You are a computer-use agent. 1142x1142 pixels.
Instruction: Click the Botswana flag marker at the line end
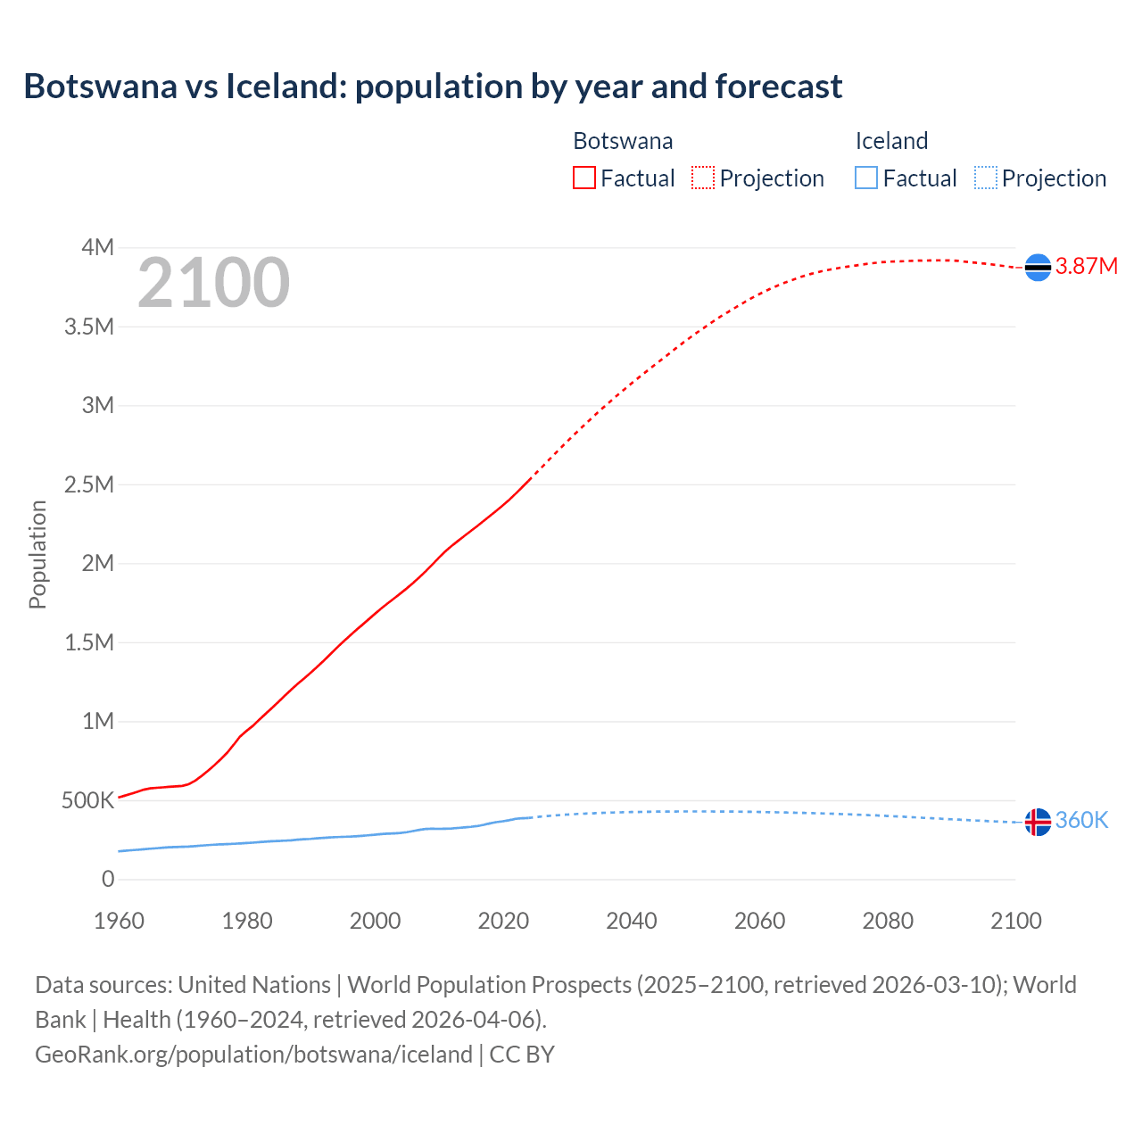click(x=1038, y=267)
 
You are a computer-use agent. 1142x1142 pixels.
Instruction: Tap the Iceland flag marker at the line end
click(x=1038, y=822)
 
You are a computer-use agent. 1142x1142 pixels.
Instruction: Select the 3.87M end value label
click(x=1086, y=267)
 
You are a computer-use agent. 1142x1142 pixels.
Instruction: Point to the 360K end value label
click(x=1081, y=821)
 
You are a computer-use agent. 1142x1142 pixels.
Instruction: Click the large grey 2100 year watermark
click(x=213, y=283)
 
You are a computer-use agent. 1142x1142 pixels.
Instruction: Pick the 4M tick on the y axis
click(x=97, y=247)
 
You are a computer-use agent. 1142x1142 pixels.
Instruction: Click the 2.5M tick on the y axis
click(x=89, y=484)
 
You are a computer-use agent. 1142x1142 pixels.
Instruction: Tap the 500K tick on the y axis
click(x=87, y=800)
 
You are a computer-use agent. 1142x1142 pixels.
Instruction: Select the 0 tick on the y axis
click(x=108, y=880)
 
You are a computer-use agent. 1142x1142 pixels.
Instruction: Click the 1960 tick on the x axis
click(x=119, y=921)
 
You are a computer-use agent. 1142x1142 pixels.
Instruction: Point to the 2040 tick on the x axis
click(x=632, y=921)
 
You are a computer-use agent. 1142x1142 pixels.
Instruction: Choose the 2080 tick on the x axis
click(x=888, y=921)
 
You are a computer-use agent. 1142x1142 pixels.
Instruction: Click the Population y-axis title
click(x=37, y=554)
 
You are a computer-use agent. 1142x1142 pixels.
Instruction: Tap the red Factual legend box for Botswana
click(x=584, y=178)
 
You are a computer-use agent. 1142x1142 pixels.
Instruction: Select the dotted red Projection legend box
click(x=703, y=178)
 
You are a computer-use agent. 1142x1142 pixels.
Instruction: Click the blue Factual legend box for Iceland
click(x=866, y=178)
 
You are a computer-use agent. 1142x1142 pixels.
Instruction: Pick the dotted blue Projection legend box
click(x=986, y=178)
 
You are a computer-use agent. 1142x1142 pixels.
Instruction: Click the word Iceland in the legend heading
click(x=891, y=141)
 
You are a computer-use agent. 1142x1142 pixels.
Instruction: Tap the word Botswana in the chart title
click(x=100, y=87)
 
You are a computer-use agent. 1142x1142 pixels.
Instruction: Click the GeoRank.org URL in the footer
click(x=253, y=1055)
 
